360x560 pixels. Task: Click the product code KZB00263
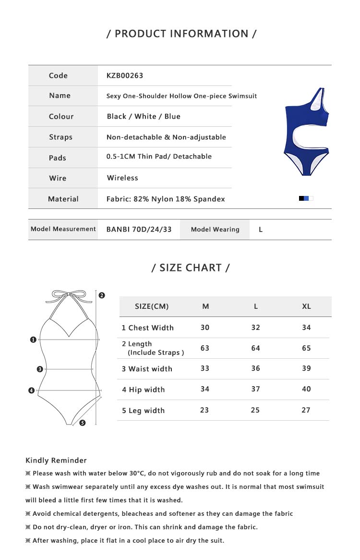tap(125, 75)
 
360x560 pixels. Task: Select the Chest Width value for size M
tap(205, 327)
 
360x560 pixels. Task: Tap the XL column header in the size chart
tap(306, 306)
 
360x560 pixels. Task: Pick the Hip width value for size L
tap(255, 389)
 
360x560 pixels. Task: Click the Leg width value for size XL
tap(306, 410)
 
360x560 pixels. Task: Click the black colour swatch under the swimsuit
tap(301, 198)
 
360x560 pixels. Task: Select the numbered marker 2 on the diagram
tap(102, 295)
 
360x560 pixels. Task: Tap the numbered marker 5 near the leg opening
tap(83, 423)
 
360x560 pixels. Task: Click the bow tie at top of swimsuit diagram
tap(69, 294)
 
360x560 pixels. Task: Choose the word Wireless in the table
tap(122, 178)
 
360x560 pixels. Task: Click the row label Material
tap(63, 199)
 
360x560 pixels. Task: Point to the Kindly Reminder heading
tap(56, 461)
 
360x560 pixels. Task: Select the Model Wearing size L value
tap(261, 230)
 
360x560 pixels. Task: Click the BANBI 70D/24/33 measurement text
tap(139, 229)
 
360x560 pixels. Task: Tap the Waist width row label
tap(147, 369)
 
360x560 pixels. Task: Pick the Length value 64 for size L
tap(255, 348)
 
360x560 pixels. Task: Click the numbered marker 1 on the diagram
tap(33, 340)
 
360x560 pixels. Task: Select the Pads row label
tap(58, 158)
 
